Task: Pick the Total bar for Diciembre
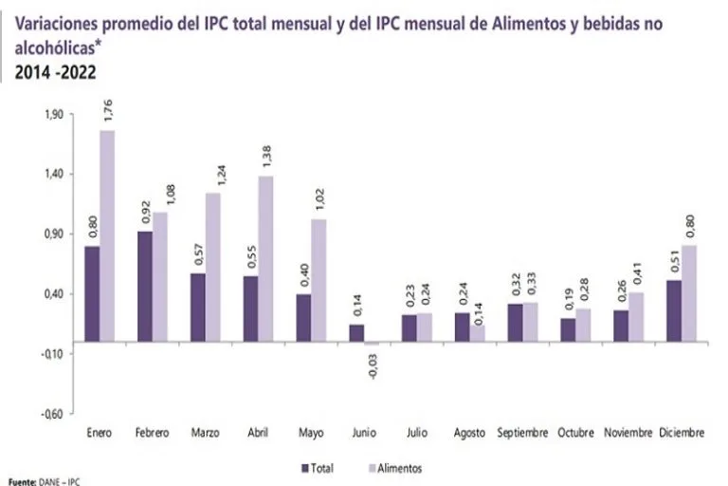click(674, 310)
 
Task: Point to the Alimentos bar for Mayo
click(318, 280)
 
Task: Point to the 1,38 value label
click(266, 155)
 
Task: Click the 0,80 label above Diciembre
click(690, 225)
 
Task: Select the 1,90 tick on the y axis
click(53, 115)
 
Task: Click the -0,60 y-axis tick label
click(52, 414)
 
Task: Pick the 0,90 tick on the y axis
click(53, 234)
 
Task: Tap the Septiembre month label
click(522, 434)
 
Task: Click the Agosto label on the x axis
click(470, 434)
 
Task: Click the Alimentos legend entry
click(394, 468)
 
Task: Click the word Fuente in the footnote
click(20, 482)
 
